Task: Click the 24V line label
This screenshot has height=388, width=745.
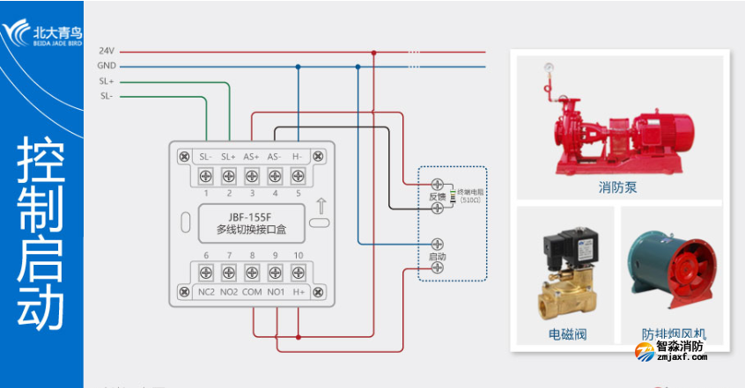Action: point(107,52)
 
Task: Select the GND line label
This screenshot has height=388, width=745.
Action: point(107,66)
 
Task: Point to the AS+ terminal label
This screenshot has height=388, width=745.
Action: point(251,157)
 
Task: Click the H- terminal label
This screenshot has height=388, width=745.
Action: point(298,157)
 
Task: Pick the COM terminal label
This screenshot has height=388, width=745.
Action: point(252,292)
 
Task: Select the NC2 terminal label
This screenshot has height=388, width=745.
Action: point(205,292)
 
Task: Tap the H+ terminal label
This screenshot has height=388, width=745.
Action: point(299,292)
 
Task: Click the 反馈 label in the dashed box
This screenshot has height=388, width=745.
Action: point(438,197)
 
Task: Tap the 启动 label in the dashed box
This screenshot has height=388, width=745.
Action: point(437,256)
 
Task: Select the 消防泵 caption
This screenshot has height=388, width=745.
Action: point(617,187)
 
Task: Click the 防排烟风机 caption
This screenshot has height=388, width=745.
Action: point(674,334)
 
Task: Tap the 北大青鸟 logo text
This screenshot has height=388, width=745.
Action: point(57,27)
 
